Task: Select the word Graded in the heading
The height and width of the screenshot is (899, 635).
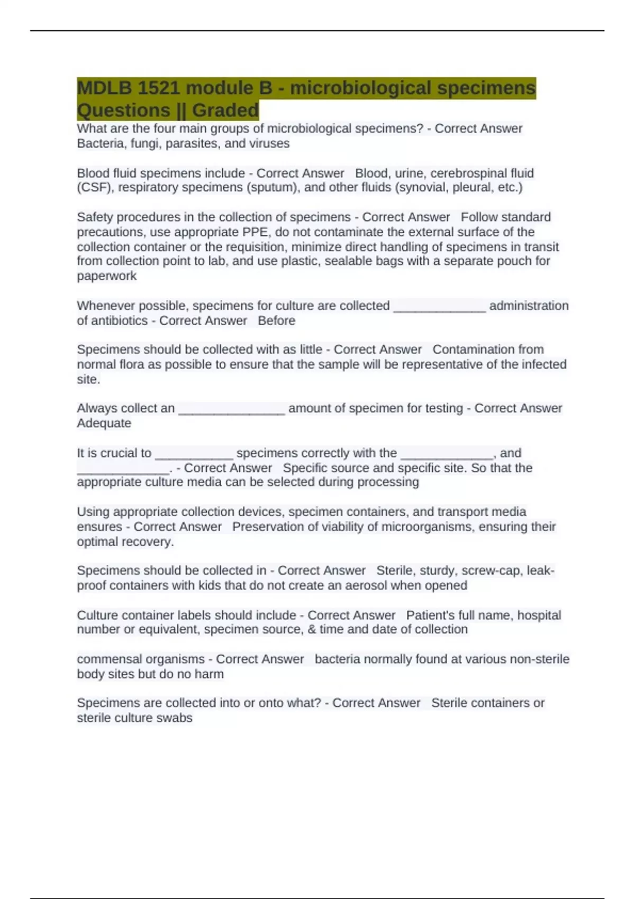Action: [225, 111]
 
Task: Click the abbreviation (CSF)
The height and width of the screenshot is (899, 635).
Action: [95, 188]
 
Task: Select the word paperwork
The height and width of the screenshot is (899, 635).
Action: [106, 276]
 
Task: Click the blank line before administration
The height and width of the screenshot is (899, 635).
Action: [439, 306]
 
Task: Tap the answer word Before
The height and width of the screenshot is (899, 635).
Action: [276, 321]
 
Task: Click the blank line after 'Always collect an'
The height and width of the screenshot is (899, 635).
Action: [231, 409]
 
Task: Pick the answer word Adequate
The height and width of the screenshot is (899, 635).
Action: [104, 423]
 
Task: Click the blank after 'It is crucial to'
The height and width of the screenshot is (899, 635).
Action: [194, 454]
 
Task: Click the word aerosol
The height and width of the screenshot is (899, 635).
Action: [367, 585]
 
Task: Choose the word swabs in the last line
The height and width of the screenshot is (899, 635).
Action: [177, 718]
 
